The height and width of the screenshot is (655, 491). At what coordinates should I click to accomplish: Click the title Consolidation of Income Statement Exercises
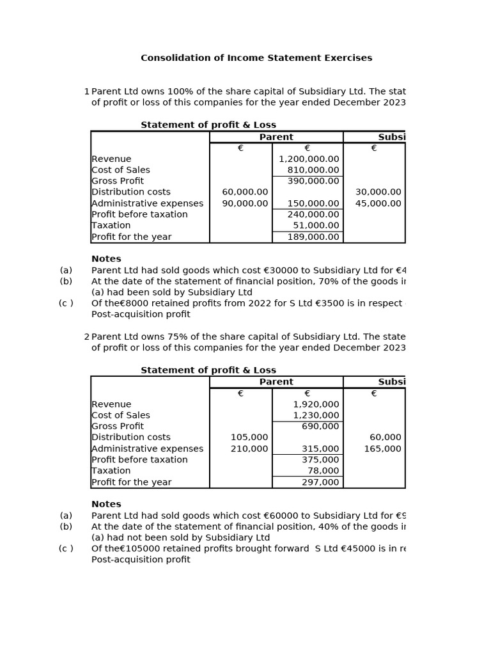[x=256, y=58]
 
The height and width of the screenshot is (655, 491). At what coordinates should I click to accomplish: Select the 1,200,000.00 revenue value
[x=309, y=159]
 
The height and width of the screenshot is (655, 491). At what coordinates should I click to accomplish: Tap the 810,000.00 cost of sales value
[x=313, y=170]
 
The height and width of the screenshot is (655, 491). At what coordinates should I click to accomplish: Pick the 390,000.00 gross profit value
[x=313, y=181]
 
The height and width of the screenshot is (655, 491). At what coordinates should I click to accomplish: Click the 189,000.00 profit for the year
[x=313, y=237]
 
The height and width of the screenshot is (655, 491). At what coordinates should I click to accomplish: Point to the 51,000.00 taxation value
[x=316, y=226]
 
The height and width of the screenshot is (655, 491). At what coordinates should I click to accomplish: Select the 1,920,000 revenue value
[x=316, y=404]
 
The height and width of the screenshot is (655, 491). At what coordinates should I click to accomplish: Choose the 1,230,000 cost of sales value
[x=316, y=415]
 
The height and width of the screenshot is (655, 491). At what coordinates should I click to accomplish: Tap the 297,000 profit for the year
[x=320, y=482]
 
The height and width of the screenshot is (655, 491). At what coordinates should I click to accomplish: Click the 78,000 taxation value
[x=323, y=471]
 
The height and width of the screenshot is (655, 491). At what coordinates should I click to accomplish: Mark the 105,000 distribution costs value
[x=249, y=438]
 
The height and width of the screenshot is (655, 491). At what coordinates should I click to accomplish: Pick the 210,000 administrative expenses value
[x=249, y=449]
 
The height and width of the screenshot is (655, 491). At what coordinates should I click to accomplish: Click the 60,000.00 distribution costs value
[x=245, y=192]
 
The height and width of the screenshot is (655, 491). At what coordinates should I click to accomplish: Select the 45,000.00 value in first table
[x=378, y=203]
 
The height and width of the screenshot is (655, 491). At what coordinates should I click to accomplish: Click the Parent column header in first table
[x=276, y=137]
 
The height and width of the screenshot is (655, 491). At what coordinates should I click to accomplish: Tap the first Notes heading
[x=106, y=259]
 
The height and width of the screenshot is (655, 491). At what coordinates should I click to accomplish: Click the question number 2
[x=86, y=337]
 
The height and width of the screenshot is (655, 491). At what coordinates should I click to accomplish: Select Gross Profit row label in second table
[x=118, y=427]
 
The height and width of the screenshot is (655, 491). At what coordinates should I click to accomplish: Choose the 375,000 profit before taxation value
[x=320, y=460]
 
